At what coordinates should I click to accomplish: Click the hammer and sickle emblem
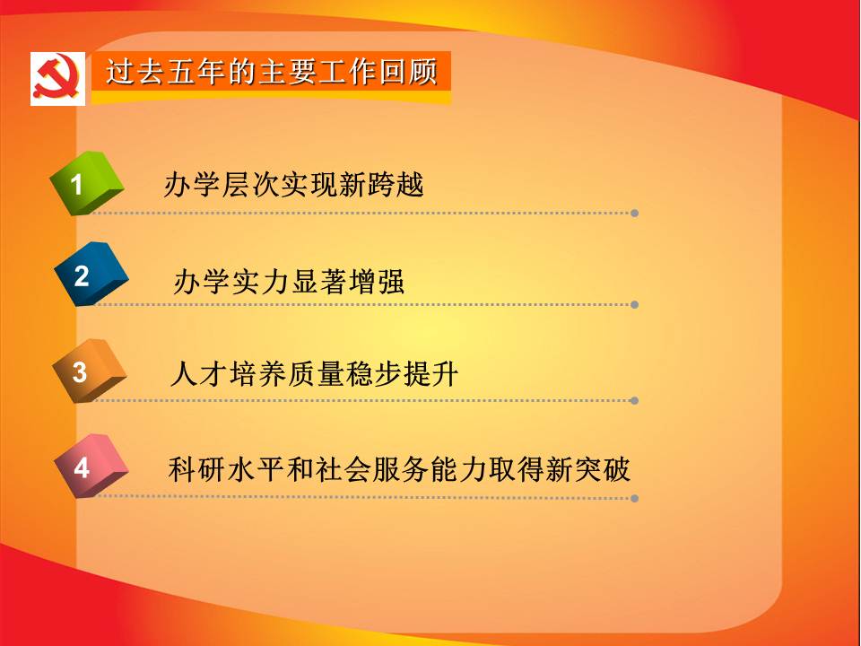57,78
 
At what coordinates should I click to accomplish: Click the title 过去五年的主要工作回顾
271,72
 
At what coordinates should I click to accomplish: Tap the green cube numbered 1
86,183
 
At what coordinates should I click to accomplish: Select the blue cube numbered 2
91,274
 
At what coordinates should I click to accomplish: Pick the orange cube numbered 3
89,371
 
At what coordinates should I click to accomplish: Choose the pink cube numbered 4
91,466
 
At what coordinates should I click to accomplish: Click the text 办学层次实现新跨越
294,185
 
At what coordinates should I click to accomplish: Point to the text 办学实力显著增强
289,281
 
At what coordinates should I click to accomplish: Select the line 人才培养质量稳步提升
314,374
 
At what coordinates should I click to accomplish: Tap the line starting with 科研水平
399,469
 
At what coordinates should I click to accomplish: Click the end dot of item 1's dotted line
634,214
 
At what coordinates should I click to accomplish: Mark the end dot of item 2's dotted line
634,304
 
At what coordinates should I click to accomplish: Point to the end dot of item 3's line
634,400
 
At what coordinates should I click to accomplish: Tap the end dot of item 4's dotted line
634,498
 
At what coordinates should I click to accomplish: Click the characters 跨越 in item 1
396,185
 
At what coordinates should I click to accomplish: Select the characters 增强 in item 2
377,281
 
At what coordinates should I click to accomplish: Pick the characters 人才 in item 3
199,374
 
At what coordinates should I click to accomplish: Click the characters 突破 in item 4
602,469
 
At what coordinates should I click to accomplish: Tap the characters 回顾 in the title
409,72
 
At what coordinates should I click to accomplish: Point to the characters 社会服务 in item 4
371,469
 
